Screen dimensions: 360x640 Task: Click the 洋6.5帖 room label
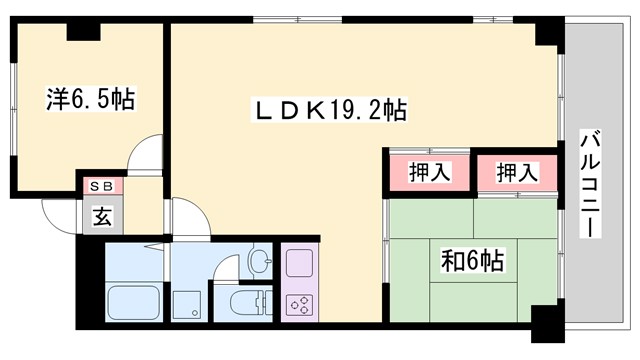[x=91, y=100]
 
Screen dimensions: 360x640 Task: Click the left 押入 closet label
[x=430, y=172]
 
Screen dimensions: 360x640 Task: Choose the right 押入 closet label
[x=517, y=172]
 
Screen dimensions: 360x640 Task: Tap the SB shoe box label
[x=101, y=186]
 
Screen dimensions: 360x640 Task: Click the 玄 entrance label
[x=102, y=213]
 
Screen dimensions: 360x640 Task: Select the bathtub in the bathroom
[x=135, y=301]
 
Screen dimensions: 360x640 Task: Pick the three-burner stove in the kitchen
[x=298, y=305]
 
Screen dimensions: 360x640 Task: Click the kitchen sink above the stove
[x=299, y=263]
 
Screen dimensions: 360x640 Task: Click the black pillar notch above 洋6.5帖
[x=84, y=30]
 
